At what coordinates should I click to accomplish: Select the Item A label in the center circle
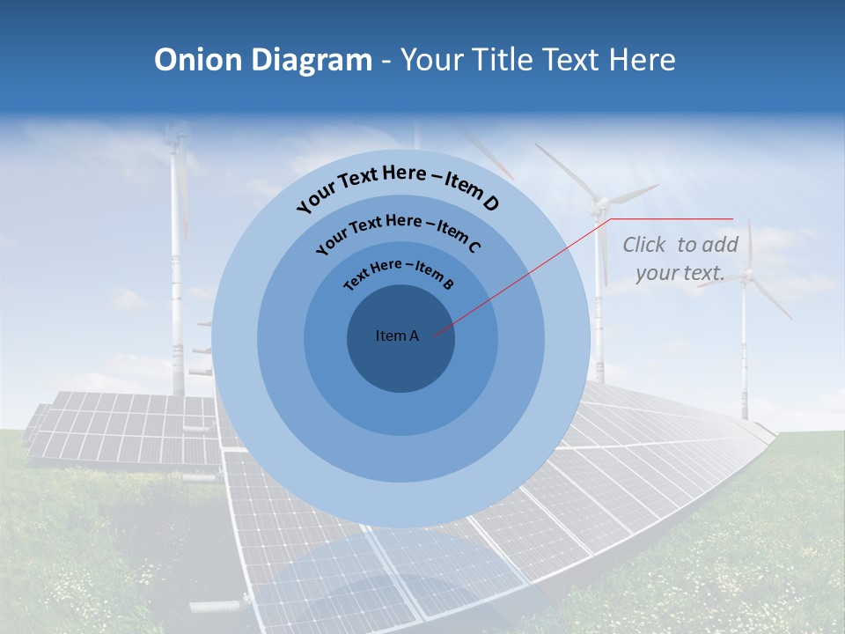click(397, 335)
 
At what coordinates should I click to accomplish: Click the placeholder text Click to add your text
click(680, 259)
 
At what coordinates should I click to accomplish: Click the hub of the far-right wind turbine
click(746, 276)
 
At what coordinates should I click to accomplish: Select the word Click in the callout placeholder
click(645, 245)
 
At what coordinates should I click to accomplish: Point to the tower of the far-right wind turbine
click(745, 352)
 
